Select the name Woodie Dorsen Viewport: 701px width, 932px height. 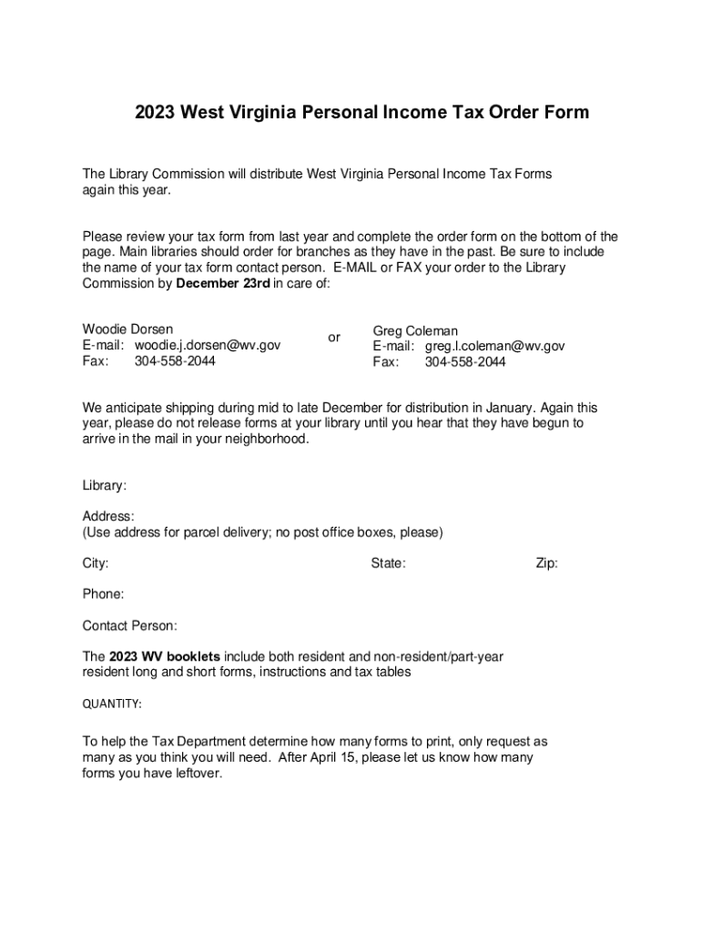tap(127, 329)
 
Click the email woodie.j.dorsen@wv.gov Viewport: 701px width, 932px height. tap(208, 345)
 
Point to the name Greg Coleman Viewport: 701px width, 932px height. tap(415, 330)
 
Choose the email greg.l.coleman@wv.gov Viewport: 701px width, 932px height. tap(494, 346)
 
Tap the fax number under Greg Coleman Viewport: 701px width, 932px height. tap(465, 362)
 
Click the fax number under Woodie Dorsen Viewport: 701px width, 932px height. tap(175, 360)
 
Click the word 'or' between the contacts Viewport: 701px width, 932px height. tap(334, 338)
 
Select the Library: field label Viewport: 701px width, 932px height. tap(105, 486)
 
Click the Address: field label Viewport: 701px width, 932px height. tap(108, 516)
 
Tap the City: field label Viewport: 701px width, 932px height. tap(96, 563)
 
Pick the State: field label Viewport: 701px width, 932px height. tap(388, 563)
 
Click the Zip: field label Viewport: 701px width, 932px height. tap(546, 563)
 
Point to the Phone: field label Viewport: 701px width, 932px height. tap(103, 594)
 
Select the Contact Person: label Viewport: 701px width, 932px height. tap(130, 625)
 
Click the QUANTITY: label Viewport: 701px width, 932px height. tap(112, 704)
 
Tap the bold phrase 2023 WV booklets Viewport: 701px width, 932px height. tap(165, 656)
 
